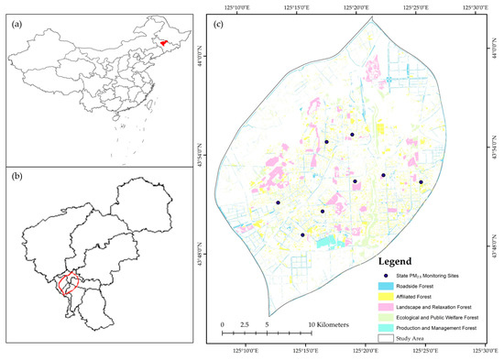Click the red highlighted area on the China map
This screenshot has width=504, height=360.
click(x=162, y=42)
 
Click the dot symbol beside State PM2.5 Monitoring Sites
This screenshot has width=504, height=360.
click(x=389, y=275)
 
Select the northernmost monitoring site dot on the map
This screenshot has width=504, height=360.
click(x=352, y=135)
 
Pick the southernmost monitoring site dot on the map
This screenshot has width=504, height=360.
click(x=302, y=235)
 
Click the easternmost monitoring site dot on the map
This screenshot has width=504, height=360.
click(x=422, y=182)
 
